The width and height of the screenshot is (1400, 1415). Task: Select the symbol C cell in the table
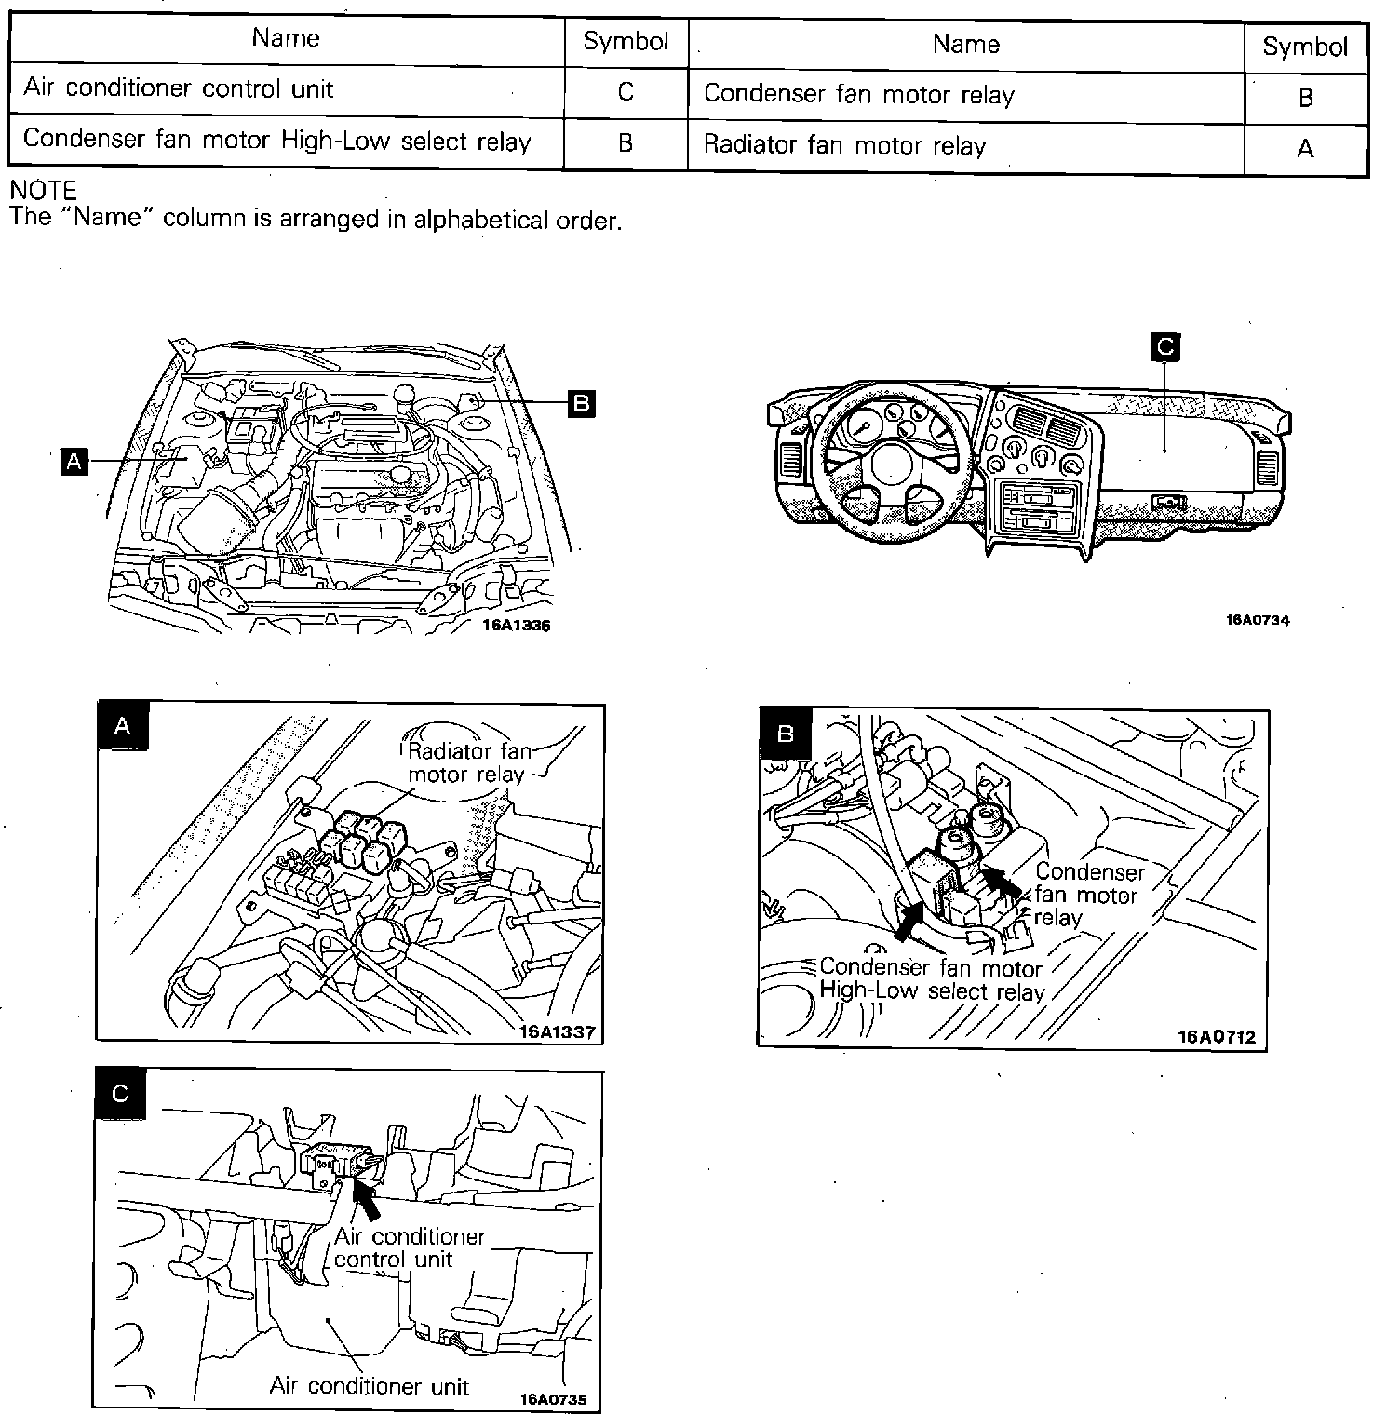[x=626, y=91]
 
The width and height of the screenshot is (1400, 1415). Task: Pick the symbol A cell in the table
[x=1305, y=149]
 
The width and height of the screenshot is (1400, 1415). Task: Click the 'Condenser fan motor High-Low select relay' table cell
[x=276, y=141]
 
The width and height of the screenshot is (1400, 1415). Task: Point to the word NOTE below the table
[x=42, y=191]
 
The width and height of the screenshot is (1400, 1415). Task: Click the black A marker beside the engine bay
[x=73, y=461]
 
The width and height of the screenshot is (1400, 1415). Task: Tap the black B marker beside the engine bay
[x=581, y=403]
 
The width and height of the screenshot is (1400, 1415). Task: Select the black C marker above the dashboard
[x=1164, y=347]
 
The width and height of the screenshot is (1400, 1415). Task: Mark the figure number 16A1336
[x=516, y=626]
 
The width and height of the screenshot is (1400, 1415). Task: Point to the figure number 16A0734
[x=1258, y=621]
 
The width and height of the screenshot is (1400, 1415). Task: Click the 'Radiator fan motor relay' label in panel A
[x=467, y=763]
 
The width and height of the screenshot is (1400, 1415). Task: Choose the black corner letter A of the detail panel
[x=122, y=727]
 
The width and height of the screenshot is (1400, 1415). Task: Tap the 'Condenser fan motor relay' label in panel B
[x=1087, y=895]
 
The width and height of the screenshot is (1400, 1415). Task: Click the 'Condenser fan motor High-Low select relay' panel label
[x=931, y=979]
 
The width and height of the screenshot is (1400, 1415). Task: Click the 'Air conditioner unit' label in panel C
[x=370, y=1386]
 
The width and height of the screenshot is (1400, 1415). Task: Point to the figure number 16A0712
[x=1216, y=1036]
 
